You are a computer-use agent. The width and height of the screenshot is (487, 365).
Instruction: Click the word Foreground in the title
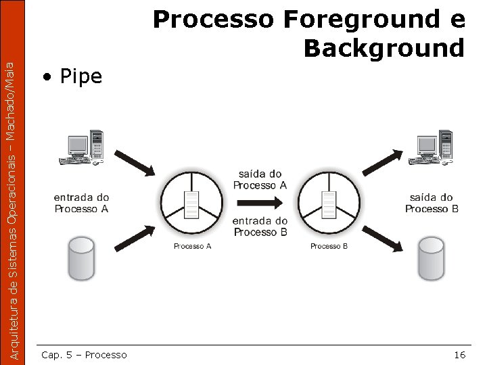359,20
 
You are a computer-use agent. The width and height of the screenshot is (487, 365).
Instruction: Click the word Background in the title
384,49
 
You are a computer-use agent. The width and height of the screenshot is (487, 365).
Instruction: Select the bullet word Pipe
81,77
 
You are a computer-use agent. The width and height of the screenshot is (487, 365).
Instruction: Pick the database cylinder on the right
431,258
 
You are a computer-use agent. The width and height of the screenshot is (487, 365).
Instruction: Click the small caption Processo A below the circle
193,247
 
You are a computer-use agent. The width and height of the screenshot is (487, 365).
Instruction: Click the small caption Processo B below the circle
329,247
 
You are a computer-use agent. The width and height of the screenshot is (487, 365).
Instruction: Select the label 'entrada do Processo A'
81,203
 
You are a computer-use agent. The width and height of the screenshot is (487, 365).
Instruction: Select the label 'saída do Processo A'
260,180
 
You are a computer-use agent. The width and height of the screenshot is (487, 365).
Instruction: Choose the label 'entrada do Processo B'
260,226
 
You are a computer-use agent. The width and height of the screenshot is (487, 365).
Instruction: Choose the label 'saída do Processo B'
432,203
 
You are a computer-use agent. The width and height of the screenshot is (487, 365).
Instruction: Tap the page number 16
459,355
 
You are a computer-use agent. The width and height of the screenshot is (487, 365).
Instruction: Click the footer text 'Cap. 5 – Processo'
84,355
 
